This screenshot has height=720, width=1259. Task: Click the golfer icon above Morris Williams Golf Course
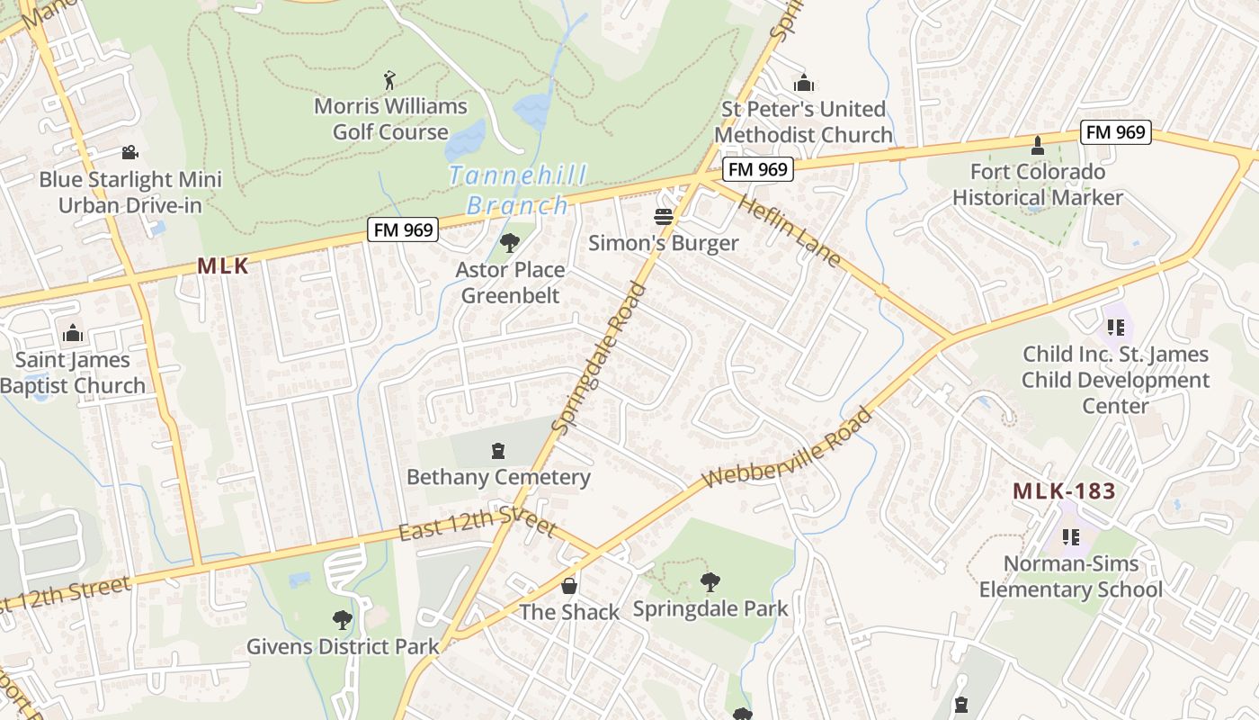coord(389,80)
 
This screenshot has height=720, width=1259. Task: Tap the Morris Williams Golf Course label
coord(390,119)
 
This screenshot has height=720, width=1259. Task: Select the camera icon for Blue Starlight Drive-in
coord(130,152)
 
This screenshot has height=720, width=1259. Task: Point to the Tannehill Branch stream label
coord(518,189)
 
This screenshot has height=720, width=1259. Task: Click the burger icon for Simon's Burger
coord(664,217)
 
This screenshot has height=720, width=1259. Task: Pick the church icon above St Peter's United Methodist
coord(804,83)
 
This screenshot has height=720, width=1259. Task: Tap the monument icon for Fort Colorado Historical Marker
coord(1037,145)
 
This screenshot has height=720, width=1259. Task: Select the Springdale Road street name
coord(600,357)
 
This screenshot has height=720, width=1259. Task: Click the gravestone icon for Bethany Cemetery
coord(498,450)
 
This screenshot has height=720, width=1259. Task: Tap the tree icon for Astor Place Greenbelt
coord(510,242)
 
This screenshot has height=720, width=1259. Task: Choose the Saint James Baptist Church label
coord(72,373)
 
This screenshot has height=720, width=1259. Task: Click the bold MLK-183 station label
coord(1064,491)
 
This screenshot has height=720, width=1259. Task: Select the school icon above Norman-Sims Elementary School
coord(1070,537)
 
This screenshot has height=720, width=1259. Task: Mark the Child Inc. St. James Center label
coord(1115,380)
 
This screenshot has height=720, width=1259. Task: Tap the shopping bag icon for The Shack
coord(569,586)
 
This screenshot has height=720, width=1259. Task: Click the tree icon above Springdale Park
coord(710,581)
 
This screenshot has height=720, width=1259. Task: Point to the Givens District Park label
coord(344,646)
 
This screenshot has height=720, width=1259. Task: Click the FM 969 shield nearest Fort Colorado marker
coord(1115,132)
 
